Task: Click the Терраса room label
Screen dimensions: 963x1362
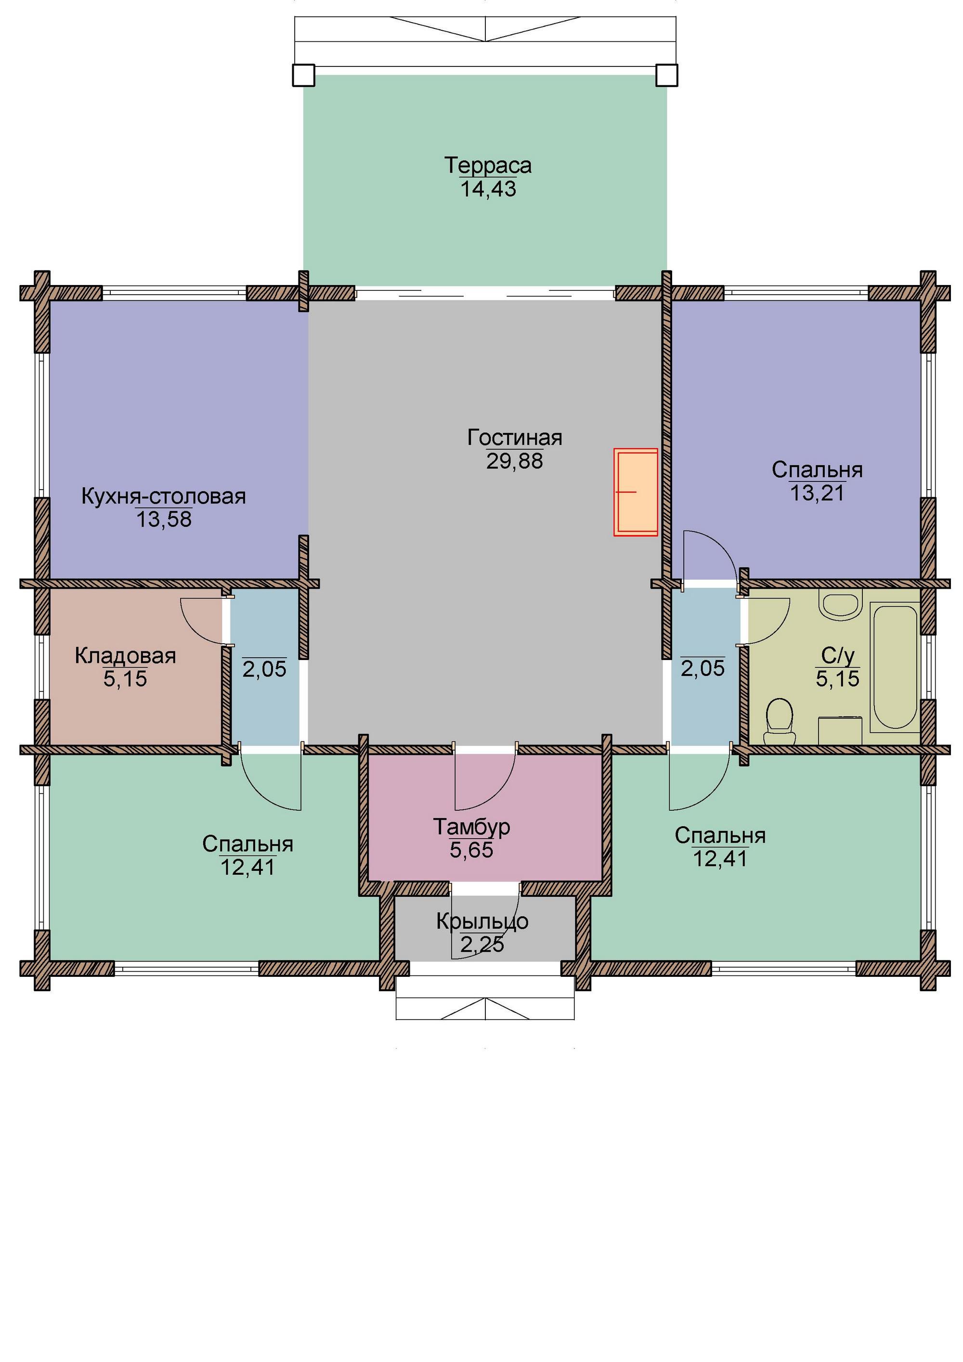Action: pyautogui.click(x=488, y=166)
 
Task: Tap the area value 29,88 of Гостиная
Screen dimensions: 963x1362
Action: pyautogui.click(x=514, y=461)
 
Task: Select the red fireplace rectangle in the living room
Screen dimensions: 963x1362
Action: pyautogui.click(x=636, y=492)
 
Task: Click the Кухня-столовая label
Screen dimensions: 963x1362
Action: pyautogui.click(x=164, y=496)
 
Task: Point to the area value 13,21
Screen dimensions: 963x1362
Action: pyautogui.click(x=817, y=493)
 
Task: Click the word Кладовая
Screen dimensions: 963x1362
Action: pyautogui.click(x=125, y=656)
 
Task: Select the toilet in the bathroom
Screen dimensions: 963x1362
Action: pyautogui.click(x=779, y=721)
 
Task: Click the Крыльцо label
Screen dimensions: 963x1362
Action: pyautogui.click(x=482, y=921)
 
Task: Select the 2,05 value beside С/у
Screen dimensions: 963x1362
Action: pyautogui.click(x=703, y=669)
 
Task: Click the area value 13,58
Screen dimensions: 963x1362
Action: pyautogui.click(x=164, y=519)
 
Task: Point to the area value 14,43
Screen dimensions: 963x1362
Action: pyautogui.click(x=488, y=189)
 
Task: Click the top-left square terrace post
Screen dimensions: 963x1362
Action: pyautogui.click(x=303, y=75)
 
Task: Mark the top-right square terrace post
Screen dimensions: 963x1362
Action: pyautogui.click(x=666, y=75)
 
